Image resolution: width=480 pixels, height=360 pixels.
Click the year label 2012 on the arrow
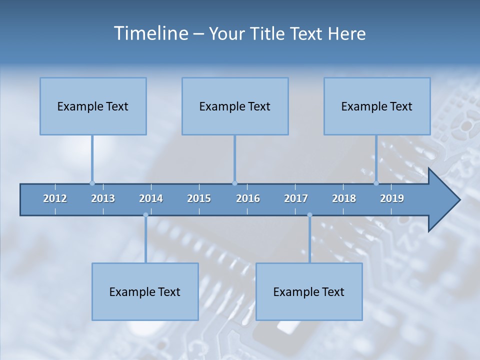click(55, 198)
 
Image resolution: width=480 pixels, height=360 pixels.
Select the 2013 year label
click(103, 198)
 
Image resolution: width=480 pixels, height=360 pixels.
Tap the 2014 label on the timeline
click(151, 198)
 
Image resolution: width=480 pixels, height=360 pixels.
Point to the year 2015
click(199, 198)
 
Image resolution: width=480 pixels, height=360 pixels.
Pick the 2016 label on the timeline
click(248, 198)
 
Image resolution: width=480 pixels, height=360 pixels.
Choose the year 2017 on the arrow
click(296, 198)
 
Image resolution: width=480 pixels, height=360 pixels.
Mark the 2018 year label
click(344, 198)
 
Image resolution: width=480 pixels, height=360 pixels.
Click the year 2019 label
click(392, 198)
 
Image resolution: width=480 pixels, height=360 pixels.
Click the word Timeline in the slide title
click(150, 33)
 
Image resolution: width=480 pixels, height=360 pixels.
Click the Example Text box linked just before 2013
click(93, 106)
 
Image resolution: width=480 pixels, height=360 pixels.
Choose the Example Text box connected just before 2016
click(235, 106)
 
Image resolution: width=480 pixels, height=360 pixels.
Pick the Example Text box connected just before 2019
click(377, 106)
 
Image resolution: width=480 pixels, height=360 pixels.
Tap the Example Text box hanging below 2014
click(145, 291)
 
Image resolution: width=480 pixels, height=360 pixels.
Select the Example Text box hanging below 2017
click(309, 291)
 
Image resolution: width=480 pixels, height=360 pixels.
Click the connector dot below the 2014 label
click(145, 215)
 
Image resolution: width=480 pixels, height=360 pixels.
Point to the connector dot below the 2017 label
click(309, 215)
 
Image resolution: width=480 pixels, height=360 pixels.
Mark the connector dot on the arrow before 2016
click(234, 183)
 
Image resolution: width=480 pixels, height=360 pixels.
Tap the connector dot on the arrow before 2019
click(376, 183)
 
